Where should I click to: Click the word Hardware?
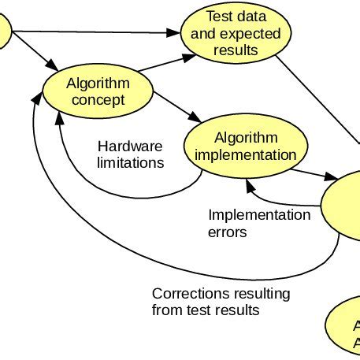(x=129, y=147)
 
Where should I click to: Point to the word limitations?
(x=130, y=163)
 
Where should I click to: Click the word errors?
(x=228, y=232)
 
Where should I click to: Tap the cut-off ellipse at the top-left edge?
(x=4, y=35)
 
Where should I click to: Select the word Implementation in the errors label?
(x=259, y=215)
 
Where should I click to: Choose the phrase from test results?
(x=205, y=310)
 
